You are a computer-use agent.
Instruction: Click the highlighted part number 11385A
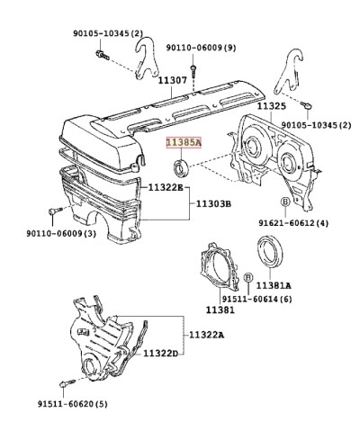[184, 143]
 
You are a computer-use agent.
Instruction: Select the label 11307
[173, 80]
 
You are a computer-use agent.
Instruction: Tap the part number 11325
[272, 106]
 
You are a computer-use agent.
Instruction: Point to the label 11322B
[166, 188]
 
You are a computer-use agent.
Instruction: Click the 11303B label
[213, 204]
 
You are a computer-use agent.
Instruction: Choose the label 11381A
[274, 285]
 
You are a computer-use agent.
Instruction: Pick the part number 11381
[220, 310]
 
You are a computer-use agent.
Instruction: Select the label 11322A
[207, 335]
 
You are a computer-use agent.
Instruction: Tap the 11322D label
[160, 354]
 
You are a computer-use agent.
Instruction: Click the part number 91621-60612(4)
[293, 223]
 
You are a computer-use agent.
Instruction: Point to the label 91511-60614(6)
[256, 299]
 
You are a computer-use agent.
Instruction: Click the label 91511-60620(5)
[73, 404]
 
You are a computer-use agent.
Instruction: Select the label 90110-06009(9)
[202, 48]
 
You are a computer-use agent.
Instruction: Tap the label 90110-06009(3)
[61, 233]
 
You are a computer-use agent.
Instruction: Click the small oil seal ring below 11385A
[181, 167]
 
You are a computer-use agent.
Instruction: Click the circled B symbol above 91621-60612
[285, 202]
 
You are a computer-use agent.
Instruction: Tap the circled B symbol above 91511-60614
[248, 278]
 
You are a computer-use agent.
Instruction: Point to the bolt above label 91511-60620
[68, 383]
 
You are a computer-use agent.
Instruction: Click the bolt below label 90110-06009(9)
[193, 70]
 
